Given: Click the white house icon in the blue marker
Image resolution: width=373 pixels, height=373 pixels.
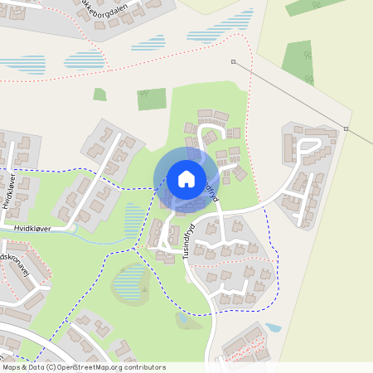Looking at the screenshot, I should [186, 178].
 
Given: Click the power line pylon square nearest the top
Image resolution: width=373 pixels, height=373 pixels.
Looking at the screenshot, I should [233, 61].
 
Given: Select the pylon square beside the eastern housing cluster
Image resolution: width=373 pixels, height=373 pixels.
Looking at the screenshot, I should [346, 128].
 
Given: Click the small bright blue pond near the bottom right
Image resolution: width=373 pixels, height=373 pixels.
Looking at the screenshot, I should [273, 327].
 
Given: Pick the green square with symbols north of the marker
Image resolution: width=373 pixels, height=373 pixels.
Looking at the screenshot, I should [151, 99].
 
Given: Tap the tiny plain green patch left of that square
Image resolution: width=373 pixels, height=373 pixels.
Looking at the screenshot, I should [99, 94].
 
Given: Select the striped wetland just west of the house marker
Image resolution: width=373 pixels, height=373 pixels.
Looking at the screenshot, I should [133, 219].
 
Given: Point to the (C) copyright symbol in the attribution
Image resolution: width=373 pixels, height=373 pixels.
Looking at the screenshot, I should [51, 367].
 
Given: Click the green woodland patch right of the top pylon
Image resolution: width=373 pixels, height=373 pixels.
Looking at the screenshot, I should [298, 62].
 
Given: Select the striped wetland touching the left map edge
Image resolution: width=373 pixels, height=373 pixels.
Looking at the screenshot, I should [18, 64].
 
